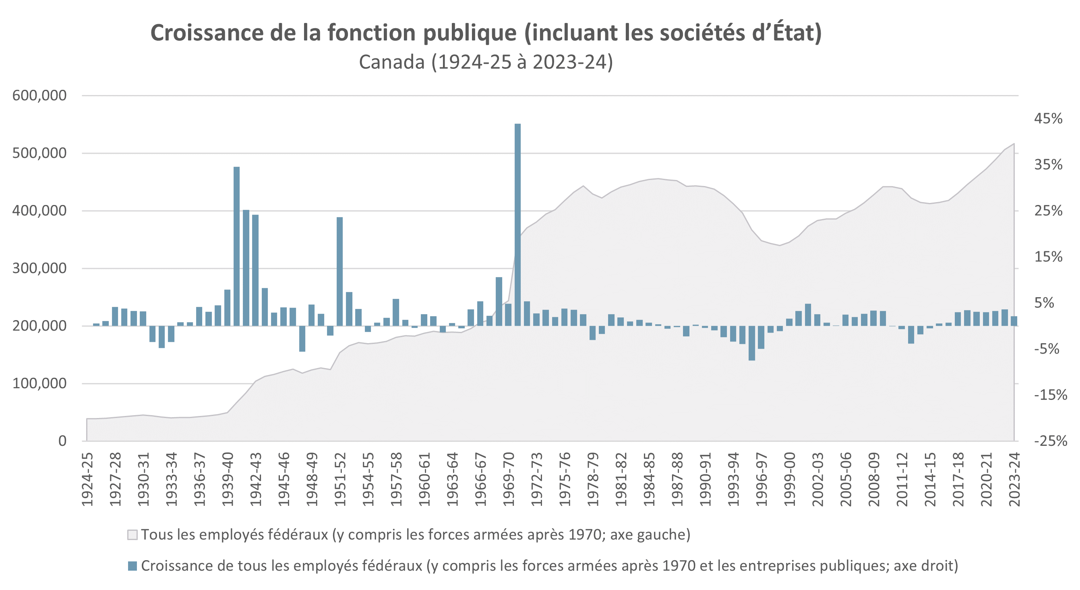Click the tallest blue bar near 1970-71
[x=517, y=224]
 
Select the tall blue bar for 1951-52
[x=339, y=271]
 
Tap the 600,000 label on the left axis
[x=39, y=95]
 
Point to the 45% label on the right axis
[x=1048, y=119]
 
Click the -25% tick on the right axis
[x=1050, y=441]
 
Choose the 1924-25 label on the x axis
[x=87, y=479]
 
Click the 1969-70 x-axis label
[x=509, y=479]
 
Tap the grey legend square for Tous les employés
[x=132, y=535]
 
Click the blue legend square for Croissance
[x=132, y=566]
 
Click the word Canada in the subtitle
[x=391, y=62]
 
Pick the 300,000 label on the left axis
[x=39, y=268]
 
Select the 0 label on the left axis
[x=62, y=441]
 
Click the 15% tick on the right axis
[x=1048, y=257]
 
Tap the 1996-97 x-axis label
[x=761, y=479]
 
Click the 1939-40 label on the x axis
[x=228, y=479]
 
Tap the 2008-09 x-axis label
[x=874, y=479]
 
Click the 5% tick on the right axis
[x=1043, y=303]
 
